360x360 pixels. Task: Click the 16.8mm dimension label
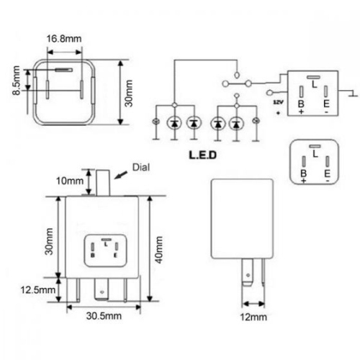(64, 38)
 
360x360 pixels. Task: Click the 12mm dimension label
(253, 317)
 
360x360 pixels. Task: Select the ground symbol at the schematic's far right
(350, 91)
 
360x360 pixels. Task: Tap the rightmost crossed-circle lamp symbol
(256, 123)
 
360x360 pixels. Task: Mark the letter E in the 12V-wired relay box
(325, 104)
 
